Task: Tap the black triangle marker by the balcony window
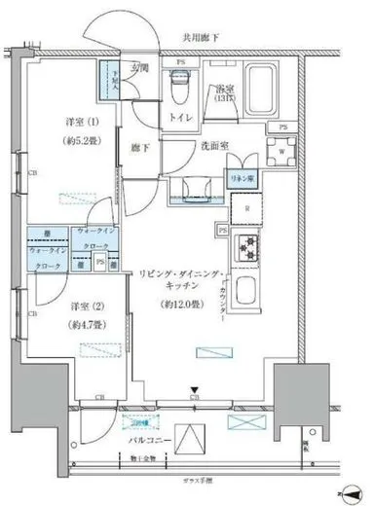tap(194, 389)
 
